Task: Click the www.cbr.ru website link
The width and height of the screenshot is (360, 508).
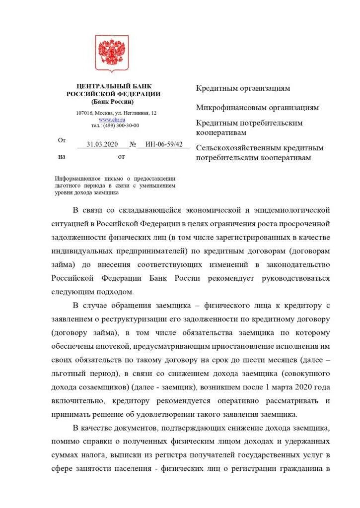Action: [x=112, y=120]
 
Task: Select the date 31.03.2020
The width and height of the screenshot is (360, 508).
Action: [x=102, y=144]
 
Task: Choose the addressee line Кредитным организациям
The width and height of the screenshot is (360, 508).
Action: [x=243, y=88]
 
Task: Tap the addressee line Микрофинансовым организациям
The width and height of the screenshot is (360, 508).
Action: [x=257, y=107]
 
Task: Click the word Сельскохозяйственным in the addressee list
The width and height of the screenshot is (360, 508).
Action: [x=238, y=148]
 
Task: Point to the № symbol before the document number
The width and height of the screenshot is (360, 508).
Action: [x=133, y=145]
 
